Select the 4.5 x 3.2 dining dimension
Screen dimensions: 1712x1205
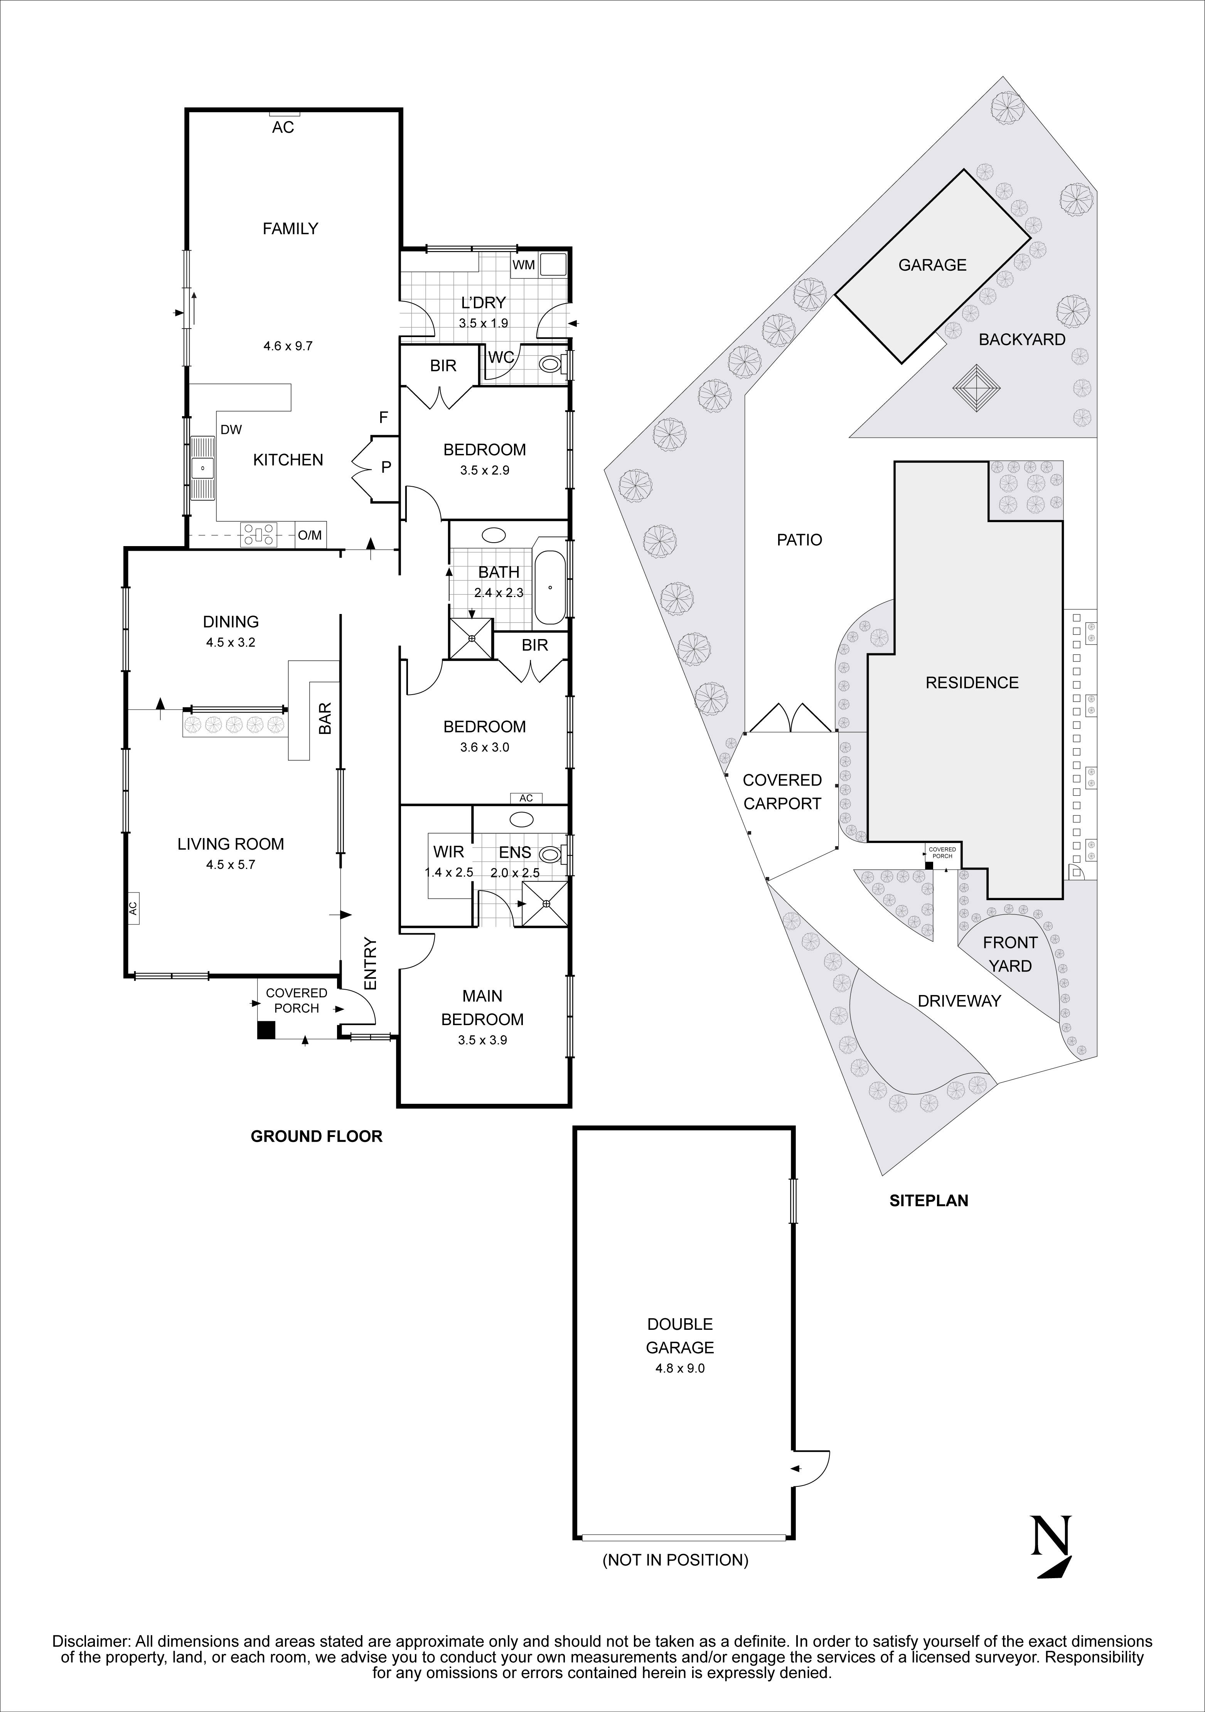[x=231, y=642]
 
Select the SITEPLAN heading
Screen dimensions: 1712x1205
[x=929, y=1201]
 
